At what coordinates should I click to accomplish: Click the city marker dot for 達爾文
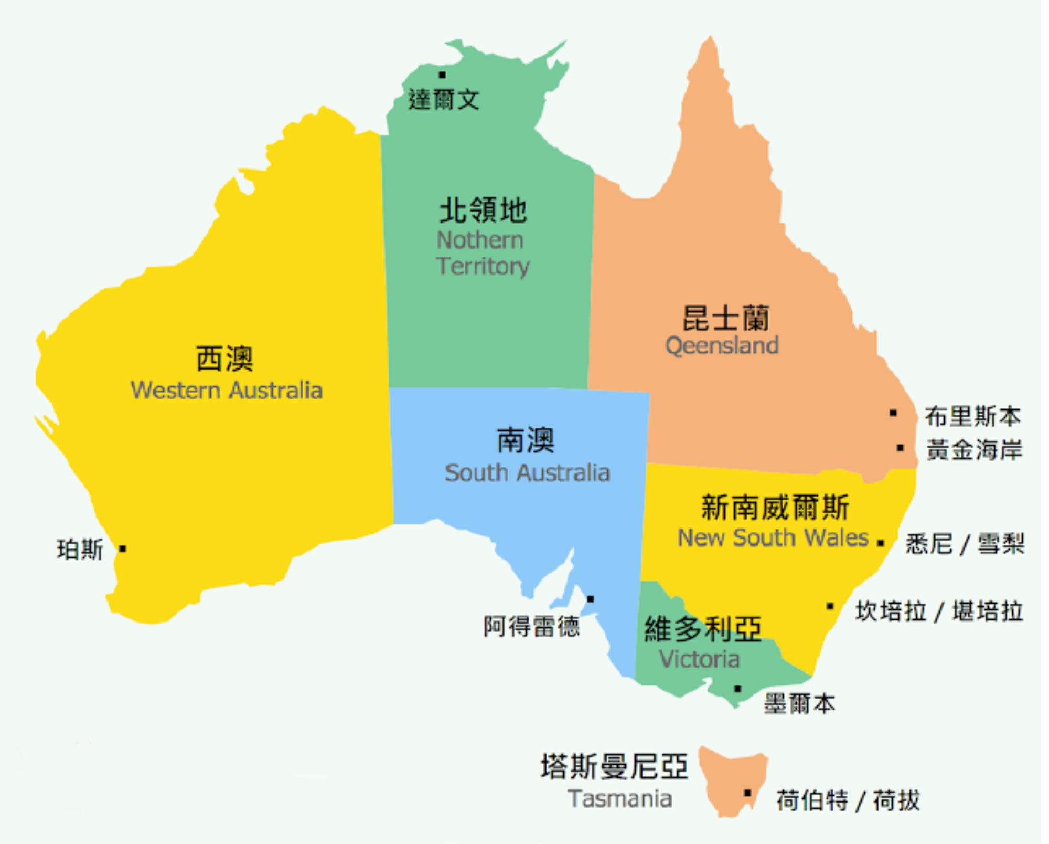pos(442,75)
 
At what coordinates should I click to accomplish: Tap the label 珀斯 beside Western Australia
pos(80,550)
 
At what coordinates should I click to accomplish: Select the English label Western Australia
pos(226,391)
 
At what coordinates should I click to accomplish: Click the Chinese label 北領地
pos(483,210)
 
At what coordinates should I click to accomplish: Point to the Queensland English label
pos(722,345)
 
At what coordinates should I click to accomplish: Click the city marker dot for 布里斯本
pos(893,413)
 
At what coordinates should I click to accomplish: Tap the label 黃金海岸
pos(974,450)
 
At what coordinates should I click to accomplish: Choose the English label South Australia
pos(527,473)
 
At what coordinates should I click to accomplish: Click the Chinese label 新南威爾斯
pos(775,507)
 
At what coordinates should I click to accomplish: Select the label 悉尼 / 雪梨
pos(965,543)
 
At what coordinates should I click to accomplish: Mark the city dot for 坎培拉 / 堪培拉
pos(830,607)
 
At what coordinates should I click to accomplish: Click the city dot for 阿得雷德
pos(590,599)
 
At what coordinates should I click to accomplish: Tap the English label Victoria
pos(699,659)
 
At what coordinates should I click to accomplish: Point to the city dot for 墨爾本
pos(737,689)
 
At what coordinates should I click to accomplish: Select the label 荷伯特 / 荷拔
pos(848,800)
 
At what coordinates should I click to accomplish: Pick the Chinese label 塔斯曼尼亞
pos(614,766)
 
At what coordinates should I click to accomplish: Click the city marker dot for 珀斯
pos(122,549)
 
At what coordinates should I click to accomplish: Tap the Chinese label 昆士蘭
pos(726,318)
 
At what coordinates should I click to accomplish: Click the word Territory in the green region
pos(483,266)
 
